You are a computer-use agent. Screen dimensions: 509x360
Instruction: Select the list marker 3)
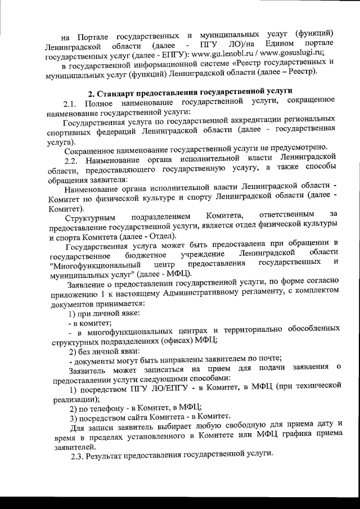72,416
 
